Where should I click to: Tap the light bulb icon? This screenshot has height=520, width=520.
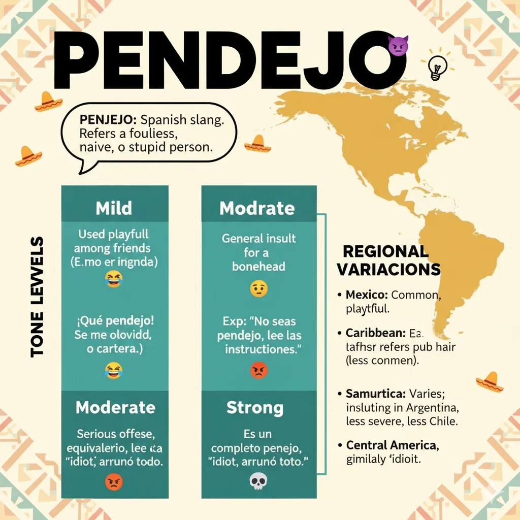(x=437, y=68)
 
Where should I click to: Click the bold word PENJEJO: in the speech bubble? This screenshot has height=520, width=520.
(x=108, y=120)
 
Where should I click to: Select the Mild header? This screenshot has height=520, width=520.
(x=114, y=208)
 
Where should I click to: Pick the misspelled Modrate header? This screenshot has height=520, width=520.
(x=257, y=208)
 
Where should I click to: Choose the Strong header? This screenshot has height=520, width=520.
(x=255, y=407)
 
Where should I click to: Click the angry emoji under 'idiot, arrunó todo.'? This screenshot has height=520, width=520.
(x=114, y=481)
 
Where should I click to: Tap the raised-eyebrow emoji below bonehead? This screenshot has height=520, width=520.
(x=258, y=289)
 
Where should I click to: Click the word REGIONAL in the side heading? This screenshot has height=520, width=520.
(x=385, y=251)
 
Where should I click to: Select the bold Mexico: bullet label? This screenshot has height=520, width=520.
(x=367, y=295)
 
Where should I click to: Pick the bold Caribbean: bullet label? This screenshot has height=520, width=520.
(x=375, y=334)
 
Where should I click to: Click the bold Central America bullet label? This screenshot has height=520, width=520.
(x=392, y=445)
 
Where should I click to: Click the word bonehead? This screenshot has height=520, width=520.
(x=258, y=266)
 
